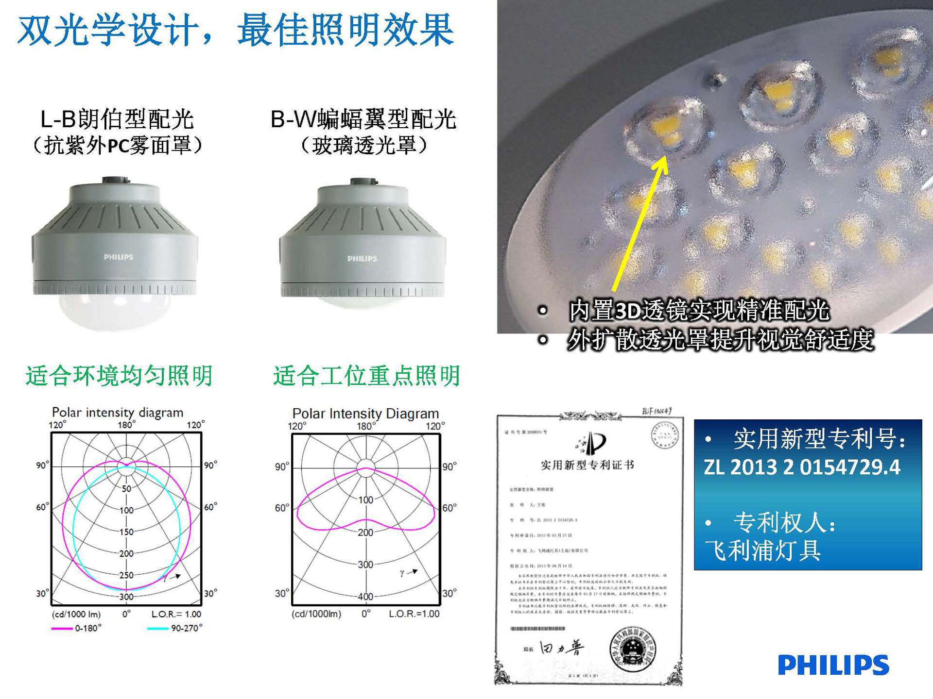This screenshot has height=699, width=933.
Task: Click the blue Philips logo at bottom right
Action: tap(833, 665)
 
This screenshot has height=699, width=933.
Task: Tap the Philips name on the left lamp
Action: tap(118, 257)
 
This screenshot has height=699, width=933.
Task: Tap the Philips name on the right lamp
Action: tap(362, 259)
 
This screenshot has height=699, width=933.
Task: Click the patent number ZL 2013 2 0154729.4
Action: tap(802, 467)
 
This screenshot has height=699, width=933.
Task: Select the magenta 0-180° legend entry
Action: tap(77, 628)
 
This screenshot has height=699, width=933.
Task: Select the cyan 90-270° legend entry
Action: tap(175, 628)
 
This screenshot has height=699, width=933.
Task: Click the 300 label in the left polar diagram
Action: tap(126, 597)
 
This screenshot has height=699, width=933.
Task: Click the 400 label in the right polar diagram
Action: tap(365, 597)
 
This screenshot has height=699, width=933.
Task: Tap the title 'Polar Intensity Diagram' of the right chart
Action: tap(365, 414)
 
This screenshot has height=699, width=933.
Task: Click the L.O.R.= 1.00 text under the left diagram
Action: tap(176, 614)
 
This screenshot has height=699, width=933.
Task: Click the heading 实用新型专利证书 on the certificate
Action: tap(587, 465)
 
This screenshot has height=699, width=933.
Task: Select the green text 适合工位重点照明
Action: tap(366, 376)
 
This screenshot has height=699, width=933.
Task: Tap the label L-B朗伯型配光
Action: tap(117, 119)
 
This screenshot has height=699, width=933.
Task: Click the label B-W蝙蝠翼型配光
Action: tap(363, 119)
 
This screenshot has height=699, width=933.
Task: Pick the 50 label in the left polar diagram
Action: tap(126, 488)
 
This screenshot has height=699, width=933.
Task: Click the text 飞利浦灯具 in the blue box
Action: tap(763, 550)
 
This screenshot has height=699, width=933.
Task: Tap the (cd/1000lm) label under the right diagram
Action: tap(316, 614)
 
